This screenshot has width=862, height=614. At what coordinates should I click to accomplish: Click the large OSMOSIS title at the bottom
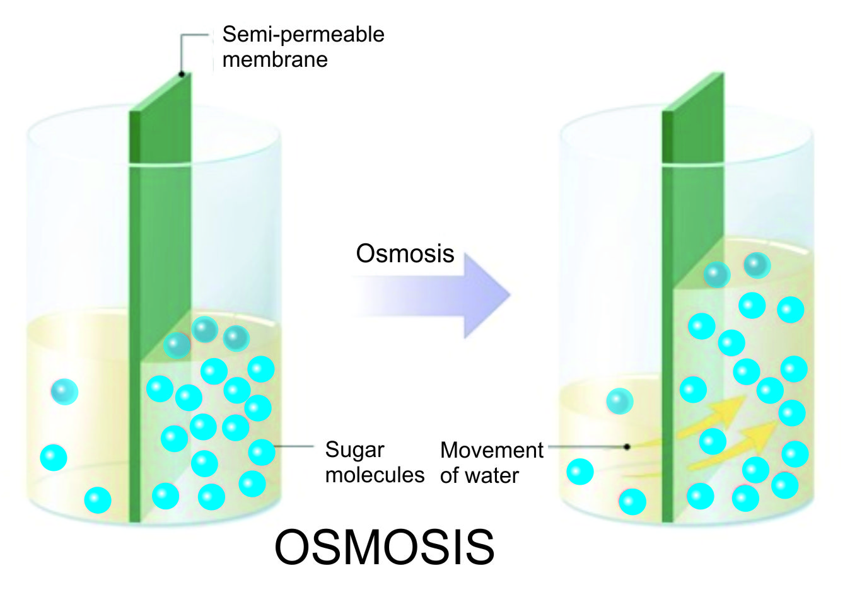(x=384, y=547)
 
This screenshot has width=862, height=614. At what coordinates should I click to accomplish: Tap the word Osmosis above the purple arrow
(x=405, y=253)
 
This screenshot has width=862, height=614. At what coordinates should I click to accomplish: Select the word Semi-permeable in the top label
(x=303, y=34)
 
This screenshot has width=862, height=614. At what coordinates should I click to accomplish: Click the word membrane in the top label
(x=275, y=60)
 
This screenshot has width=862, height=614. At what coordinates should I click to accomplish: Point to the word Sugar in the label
(x=354, y=449)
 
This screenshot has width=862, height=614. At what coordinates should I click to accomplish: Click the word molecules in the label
(x=375, y=475)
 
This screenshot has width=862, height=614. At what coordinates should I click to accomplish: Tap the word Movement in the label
(x=491, y=450)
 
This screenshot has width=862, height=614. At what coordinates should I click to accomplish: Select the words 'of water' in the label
(x=479, y=475)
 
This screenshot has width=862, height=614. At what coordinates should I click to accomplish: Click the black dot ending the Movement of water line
(x=627, y=447)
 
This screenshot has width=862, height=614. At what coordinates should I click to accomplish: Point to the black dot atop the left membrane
(x=182, y=74)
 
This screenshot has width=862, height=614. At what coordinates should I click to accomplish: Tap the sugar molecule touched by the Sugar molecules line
(x=261, y=451)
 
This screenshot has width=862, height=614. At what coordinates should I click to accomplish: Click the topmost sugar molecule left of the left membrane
(x=64, y=391)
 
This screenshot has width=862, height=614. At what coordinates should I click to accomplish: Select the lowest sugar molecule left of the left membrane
(x=98, y=500)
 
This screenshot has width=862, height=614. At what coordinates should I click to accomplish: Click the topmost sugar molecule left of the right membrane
(x=619, y=401)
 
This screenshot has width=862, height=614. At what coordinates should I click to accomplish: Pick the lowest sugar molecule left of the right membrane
(x=632, y=502)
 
